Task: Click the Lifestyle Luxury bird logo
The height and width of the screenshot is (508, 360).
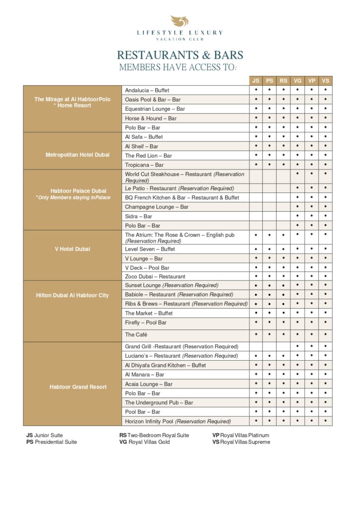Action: tap(180, 21)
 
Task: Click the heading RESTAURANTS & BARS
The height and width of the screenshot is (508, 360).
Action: tap(180, 55)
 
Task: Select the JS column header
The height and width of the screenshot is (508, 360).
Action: tap(256, 81)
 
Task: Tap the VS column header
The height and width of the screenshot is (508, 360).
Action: tap(325, 81)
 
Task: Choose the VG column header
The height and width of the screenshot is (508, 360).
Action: tap(298, 81)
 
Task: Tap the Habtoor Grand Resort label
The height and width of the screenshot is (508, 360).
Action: tap(72, 387)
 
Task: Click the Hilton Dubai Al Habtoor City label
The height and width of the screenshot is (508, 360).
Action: tap(72, 296)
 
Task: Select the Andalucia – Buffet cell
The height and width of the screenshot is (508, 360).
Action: tap(147, 91)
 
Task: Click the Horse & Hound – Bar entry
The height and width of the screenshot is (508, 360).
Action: tap(151, 119)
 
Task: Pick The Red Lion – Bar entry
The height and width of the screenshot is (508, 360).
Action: tap(148, 155)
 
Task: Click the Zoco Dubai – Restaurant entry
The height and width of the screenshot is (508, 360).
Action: tap(155, 276)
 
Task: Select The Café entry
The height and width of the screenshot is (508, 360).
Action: tap(136, 335)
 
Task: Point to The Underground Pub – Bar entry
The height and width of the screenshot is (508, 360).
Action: tap(159, 402)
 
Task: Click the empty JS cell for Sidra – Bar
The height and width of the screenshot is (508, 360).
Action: tap(256, 216)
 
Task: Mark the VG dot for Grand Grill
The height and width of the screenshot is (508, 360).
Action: tap(298, 346)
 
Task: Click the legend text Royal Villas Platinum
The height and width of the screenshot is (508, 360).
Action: tap(244, 435)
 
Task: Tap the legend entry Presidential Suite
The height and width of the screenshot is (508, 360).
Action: tap(56, 442)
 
